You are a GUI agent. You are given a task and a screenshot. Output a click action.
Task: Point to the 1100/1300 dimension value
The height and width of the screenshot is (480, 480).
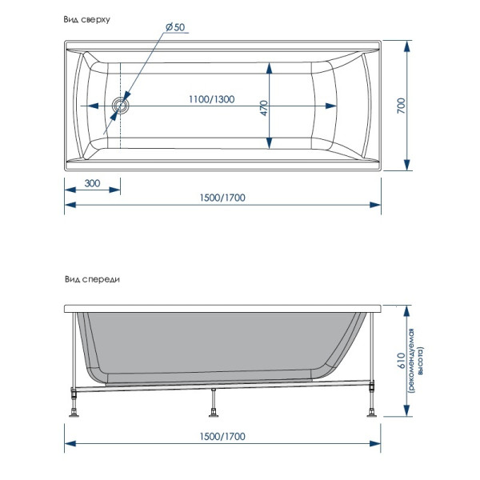212,99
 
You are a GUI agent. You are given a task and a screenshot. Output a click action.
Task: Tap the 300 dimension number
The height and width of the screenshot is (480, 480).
92,184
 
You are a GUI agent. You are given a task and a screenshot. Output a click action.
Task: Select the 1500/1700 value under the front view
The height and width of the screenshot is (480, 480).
222,437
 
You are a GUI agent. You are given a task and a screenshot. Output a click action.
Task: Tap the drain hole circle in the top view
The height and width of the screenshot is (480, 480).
121,105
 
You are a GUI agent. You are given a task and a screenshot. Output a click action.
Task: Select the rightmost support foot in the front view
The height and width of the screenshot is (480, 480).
373,412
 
